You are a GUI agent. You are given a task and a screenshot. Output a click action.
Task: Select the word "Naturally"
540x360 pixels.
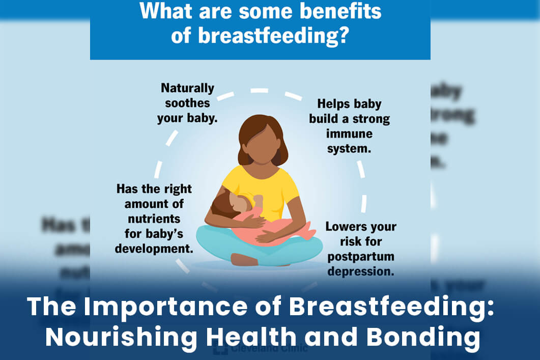pyautogui.click(x=187, y=88)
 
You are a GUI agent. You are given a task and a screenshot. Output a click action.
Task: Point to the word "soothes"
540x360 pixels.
pyautogui.click(x=187, y=103)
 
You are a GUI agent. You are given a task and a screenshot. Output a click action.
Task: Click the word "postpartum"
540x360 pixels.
pyautogui.click(x=360, y=256)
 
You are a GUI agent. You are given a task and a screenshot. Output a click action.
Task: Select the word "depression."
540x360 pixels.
pyautogui.click(x=360, y=271)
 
